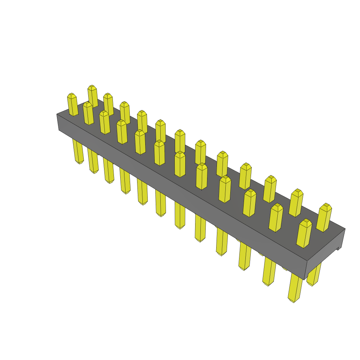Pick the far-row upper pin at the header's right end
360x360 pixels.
point(324,217)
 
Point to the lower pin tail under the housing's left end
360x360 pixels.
point(78,151)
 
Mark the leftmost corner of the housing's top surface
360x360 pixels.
point(57,114)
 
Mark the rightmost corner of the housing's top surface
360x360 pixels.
point(345,229)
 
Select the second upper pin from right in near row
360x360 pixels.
point(276,218)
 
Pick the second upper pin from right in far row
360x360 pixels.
point(296,203)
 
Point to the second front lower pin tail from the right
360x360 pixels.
point(269,272)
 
